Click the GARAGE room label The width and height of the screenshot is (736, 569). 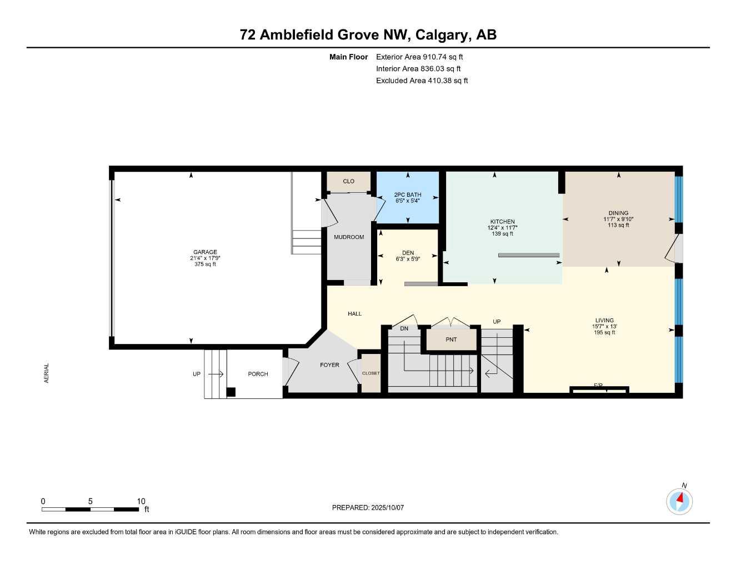(x=205, y=252)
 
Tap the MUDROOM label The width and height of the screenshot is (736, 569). (x=349, y=237)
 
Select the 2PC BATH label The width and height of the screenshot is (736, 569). (x=408, y=194)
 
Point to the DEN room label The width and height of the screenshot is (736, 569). (x=408, y=253)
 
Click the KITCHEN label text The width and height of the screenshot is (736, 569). (x=502, y=222)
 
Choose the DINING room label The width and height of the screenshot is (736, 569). (x=618, y=213)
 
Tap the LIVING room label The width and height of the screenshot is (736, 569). (x=604, y=320)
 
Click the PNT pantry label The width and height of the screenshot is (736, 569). (x=451, y=340)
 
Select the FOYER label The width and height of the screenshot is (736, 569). (x=329, y=365)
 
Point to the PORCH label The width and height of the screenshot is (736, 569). (x=258, y=374)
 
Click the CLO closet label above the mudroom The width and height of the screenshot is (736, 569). (x=348, y=181)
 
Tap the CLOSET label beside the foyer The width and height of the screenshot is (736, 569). (x=370, y=373)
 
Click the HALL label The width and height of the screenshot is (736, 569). (x=354, y=314)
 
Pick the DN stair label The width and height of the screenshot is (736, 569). (x=404, y=328)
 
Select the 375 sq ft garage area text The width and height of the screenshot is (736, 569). (x=205, y=264)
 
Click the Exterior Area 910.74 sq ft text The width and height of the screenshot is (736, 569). (x=419, y=57)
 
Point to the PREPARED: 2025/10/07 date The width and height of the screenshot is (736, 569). (x=368, y=507)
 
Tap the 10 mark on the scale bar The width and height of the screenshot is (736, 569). (x=141, y=501)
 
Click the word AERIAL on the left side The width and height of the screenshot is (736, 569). (x=47, y=373)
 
